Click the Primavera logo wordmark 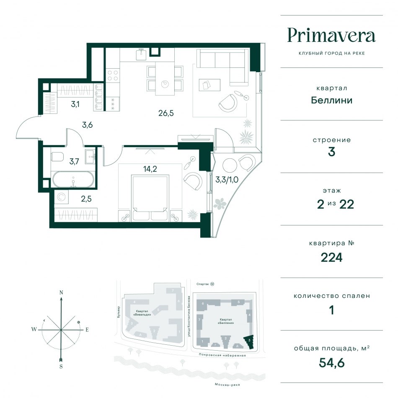pos(331,36)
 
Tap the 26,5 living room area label pos(166,113)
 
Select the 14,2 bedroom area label pos(150,169)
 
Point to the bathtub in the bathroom pos(73,179)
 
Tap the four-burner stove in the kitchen pos(113,75)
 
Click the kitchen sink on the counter pos(141,54)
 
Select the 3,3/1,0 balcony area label pos(227,180)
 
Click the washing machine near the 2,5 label pos(61,197)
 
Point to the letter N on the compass pos(61,292)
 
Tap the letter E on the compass pos(87,330)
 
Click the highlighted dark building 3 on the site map pos(249,341)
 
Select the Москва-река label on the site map pos(227,385)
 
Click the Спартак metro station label pos(203,284)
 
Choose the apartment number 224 pos(331,258)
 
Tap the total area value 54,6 pos(331,363)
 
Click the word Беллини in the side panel pos(331,100)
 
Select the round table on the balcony pos(230,165)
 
